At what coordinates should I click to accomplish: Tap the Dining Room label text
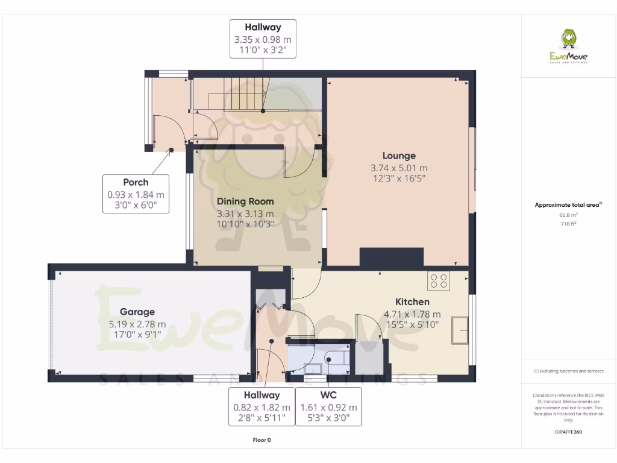point(245,201)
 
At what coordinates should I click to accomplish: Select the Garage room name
point(137,312)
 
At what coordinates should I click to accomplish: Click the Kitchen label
point(412,301)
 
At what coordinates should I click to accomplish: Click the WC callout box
point(328,406)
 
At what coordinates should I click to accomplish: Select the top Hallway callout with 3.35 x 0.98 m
point(262,39)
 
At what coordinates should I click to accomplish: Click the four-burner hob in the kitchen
point(438,281)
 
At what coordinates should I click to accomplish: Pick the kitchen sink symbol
point(461,330)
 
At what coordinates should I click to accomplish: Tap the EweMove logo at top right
point(568,46)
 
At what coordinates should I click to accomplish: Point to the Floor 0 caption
point(262,440)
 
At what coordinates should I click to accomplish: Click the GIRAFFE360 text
point(568,432)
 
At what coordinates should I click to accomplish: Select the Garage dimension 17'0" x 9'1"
point(137,335)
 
